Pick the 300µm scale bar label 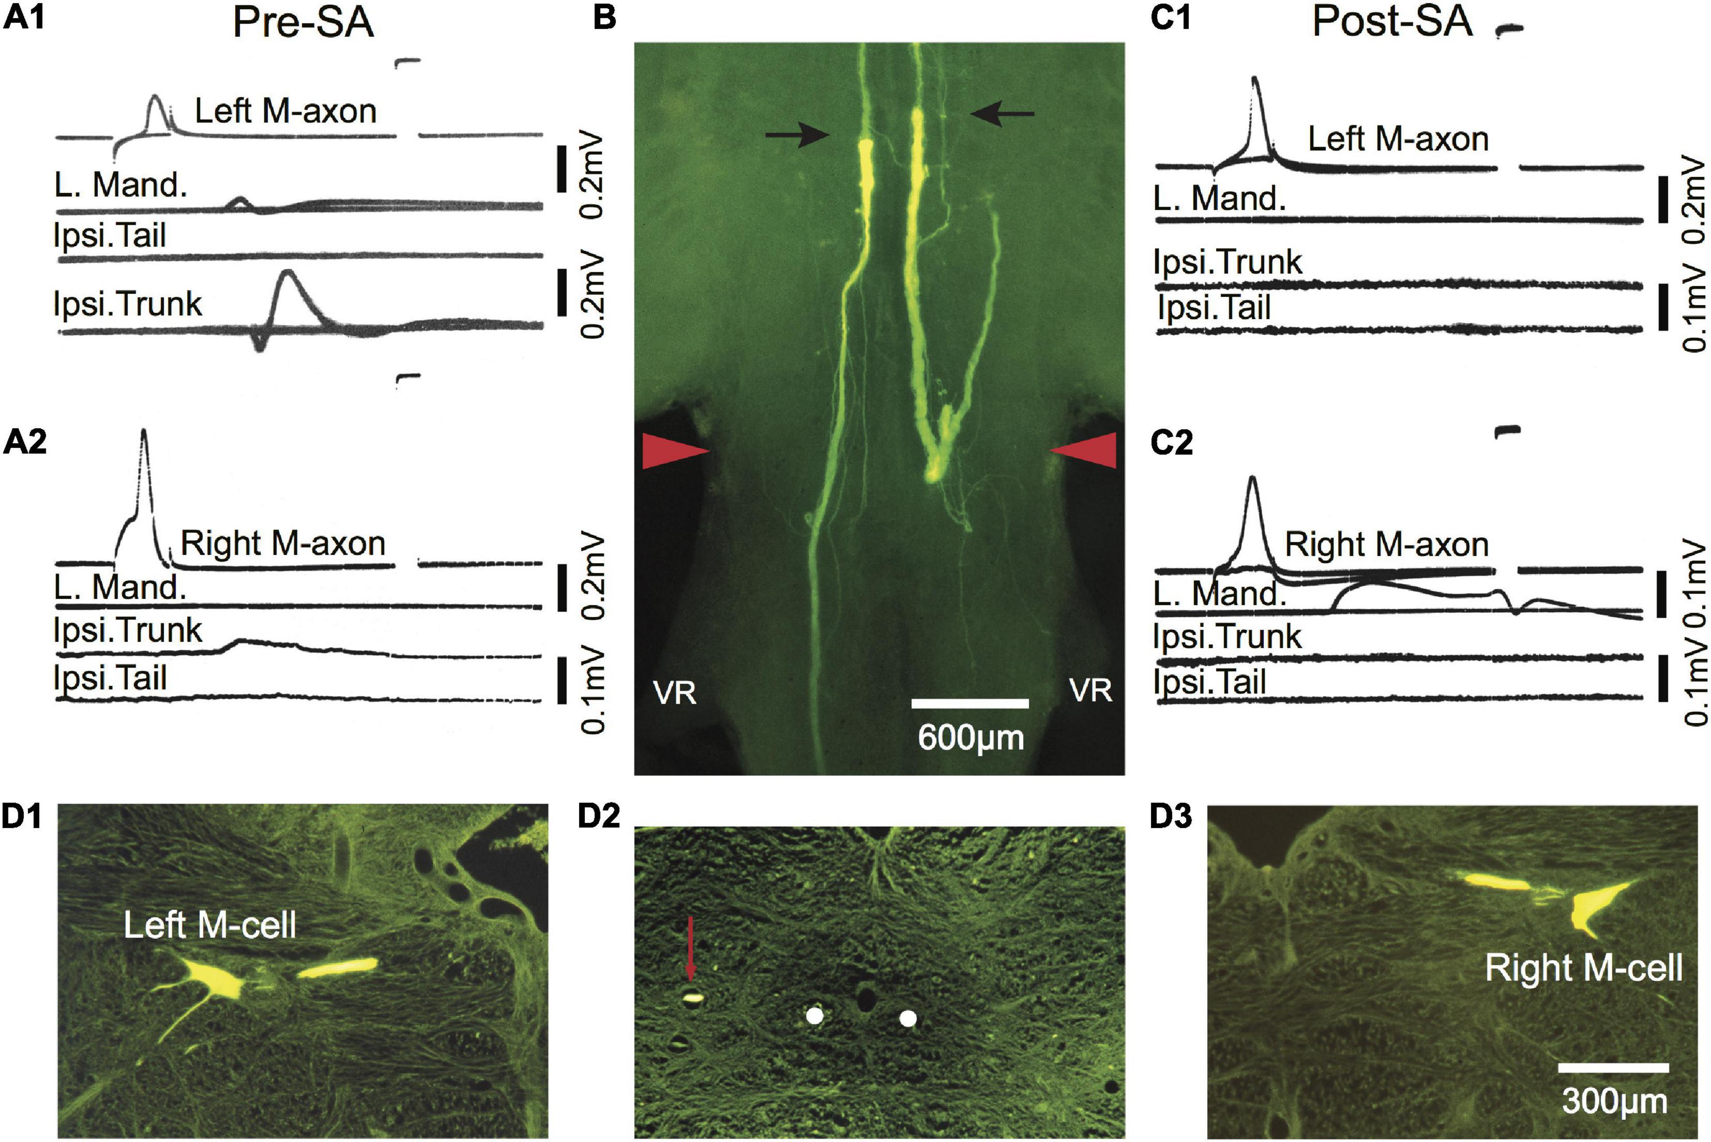(x=1614, y=1101)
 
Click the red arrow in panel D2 (x=690, y=947)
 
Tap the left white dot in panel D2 (x=815, y=1015)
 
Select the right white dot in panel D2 (x=907, y=1018)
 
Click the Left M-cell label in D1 (x=210, y=925)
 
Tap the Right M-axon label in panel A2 (x=282, y=544)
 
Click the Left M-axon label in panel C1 (x=1398, y=138)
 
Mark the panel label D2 (x=599, y=817)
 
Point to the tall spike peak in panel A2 (x=144, y=431)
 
